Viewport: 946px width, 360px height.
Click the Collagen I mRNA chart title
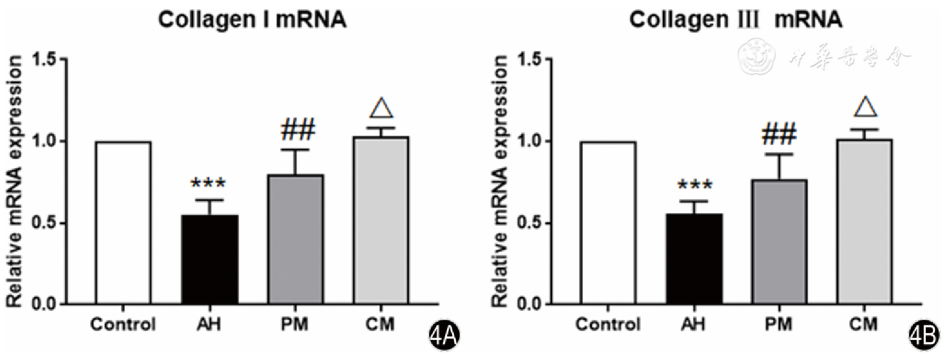point(253,20)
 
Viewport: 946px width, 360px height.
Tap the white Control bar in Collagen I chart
point(123,223)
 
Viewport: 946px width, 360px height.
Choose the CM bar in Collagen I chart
point(382,220)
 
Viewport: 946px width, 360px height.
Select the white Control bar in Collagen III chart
point(608,223)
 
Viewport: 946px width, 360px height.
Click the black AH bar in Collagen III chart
point(695,259)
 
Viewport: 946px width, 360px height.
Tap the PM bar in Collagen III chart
point(781,242)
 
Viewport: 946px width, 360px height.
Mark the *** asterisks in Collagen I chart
point(209,184)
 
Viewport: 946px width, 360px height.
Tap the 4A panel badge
point(444,336)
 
